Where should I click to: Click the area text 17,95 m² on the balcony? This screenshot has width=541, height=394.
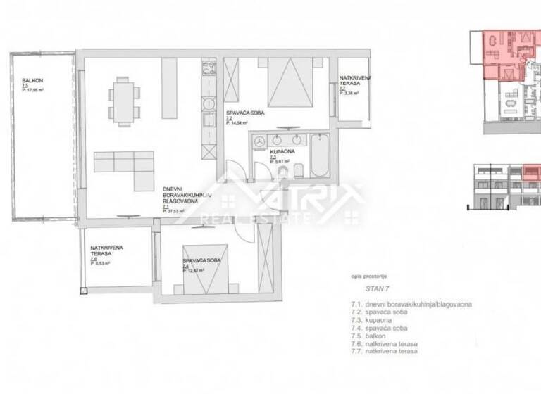coord(34,91)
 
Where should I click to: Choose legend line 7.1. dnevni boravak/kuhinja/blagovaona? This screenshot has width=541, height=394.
coord(411,304)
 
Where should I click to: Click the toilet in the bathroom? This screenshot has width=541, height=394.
coord(299,170)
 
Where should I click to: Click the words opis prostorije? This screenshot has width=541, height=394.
coord(370,277)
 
